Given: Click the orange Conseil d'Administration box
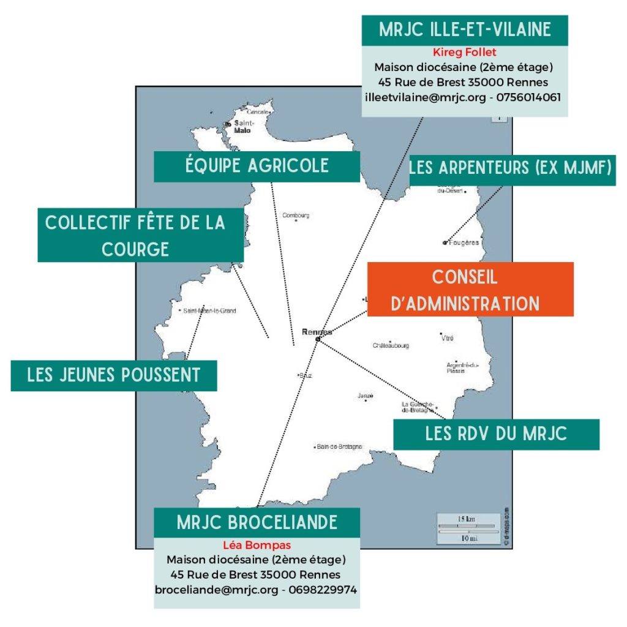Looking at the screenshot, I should click(x=470, y=289).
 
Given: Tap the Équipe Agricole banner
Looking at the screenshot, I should click(x=257, y=166).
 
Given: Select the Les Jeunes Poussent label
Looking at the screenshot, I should click(x=114, y=375).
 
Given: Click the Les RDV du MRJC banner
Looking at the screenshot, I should click(x=496, y=434).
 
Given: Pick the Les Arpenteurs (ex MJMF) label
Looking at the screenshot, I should click(x=511, y=167).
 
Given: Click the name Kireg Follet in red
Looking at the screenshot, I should click(x=464, y=53).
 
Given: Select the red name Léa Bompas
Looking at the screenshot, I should click(x=257, y=545).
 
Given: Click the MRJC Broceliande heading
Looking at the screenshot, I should click(x=257, y=522).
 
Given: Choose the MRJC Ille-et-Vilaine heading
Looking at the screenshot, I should click(x=464, y=30).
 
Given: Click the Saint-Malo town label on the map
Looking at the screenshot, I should click(x=243, y=126).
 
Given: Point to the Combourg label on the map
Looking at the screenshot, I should click(x=296, y=215).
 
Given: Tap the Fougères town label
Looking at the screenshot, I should click(x=464, y=242).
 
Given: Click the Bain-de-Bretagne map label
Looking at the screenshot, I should click(x=339, y=446).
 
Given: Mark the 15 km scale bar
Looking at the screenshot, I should click(x=467, y=525).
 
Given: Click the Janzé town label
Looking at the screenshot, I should click(x=366, y=396).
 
